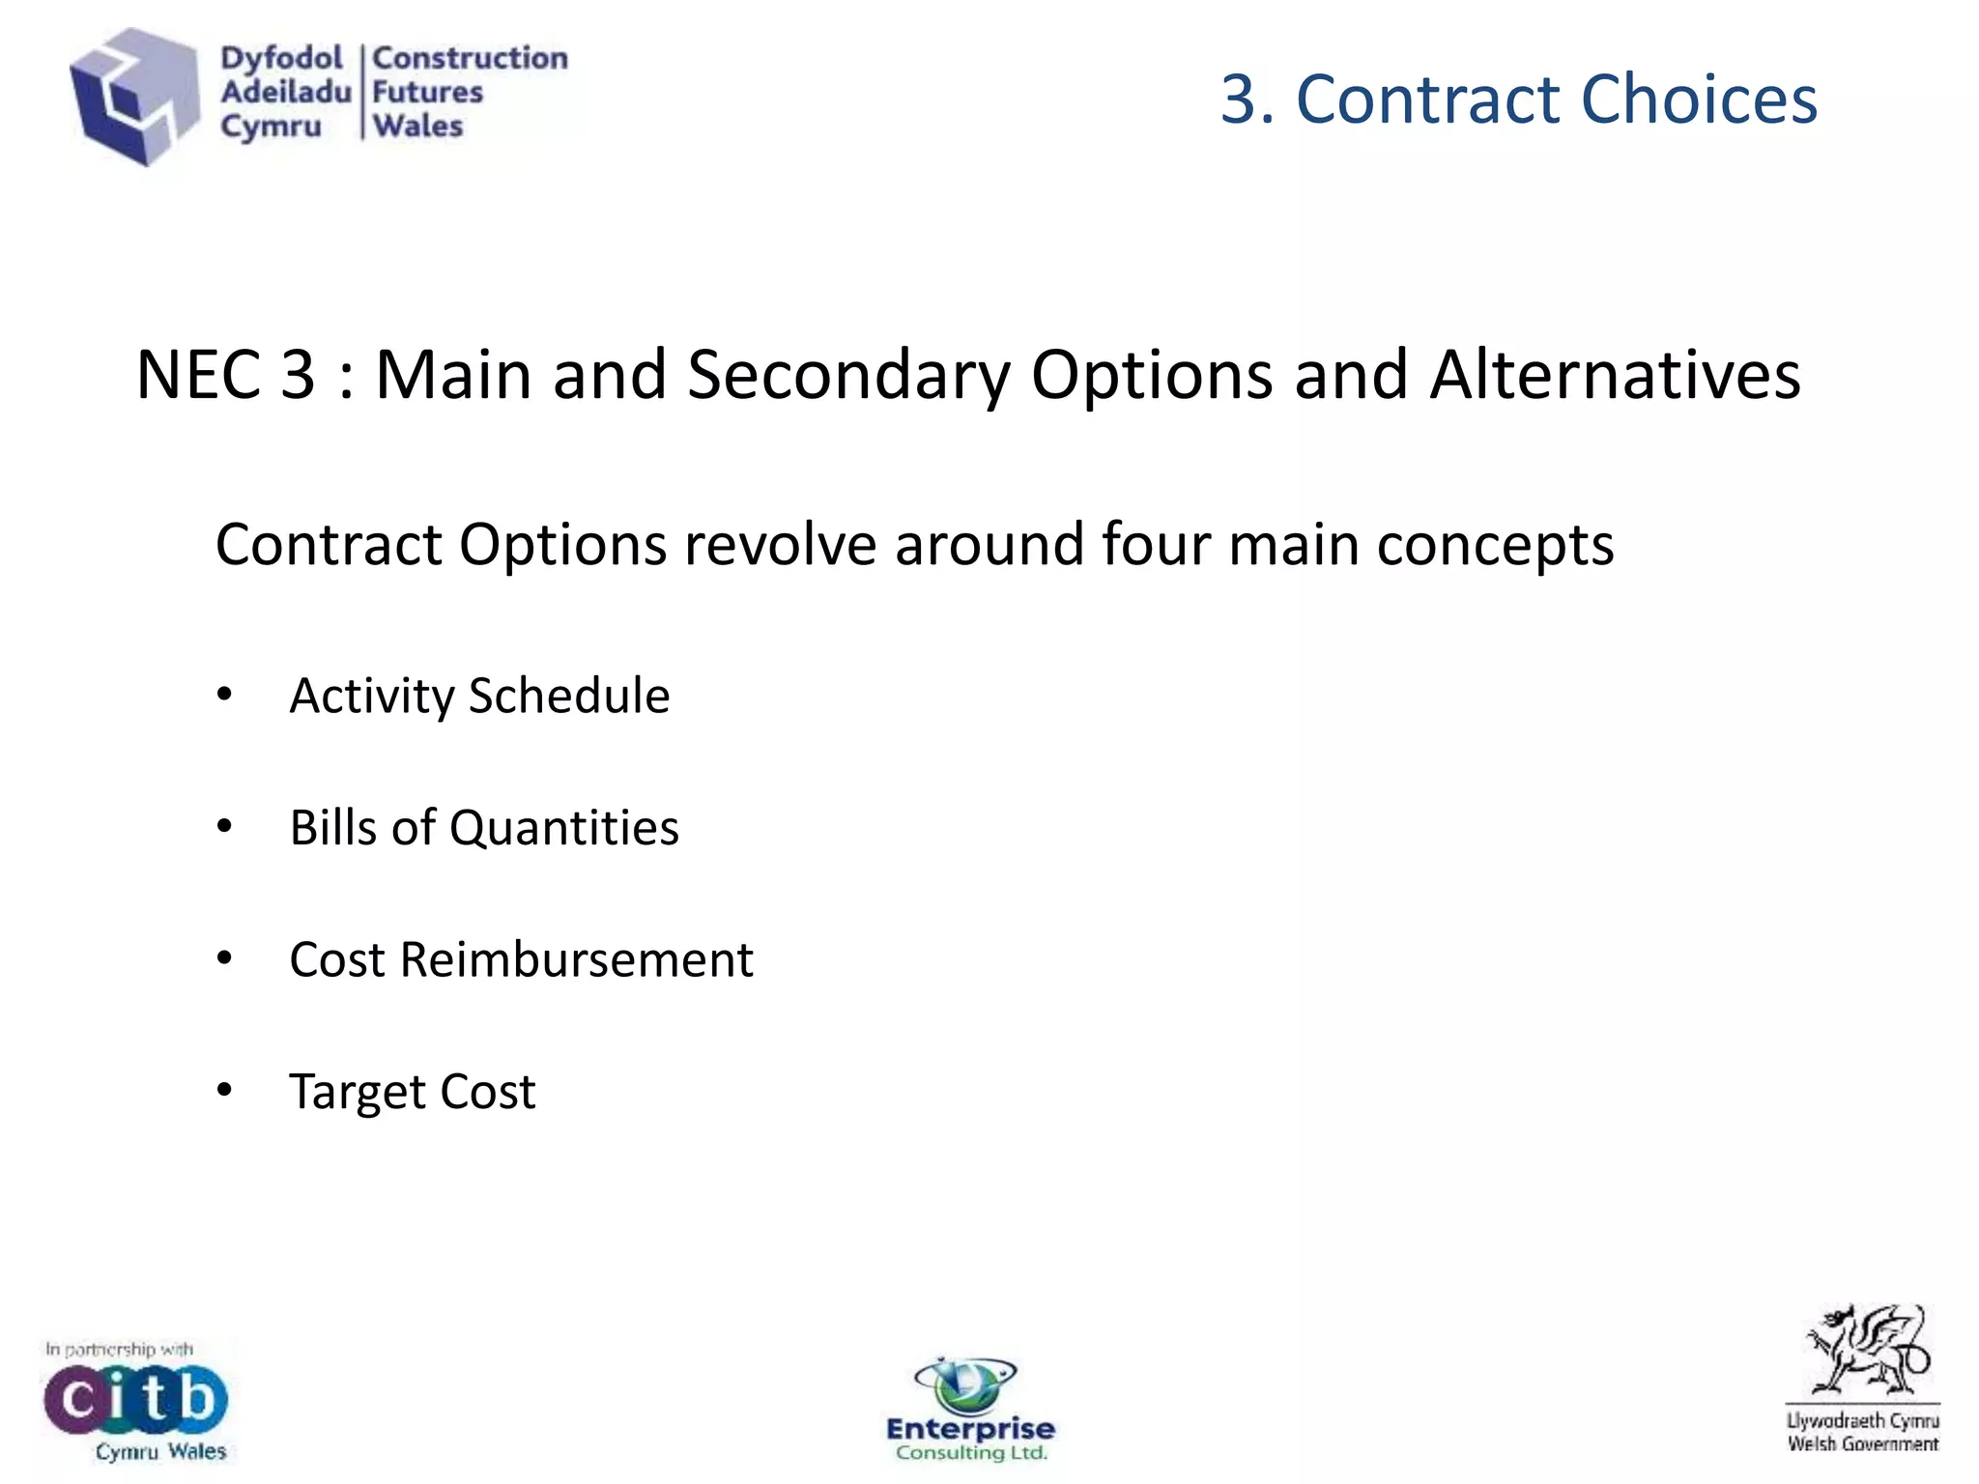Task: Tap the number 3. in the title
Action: [x=1248, y=100]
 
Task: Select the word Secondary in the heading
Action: [x=847, y=375]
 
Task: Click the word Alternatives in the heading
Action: [x=1615, y=375]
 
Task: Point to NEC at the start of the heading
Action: [x=198, y=375]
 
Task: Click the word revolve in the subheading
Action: [x=780, y=544]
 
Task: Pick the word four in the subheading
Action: [x=1155, y=544]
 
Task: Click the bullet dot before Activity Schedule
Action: [x=225, y=695]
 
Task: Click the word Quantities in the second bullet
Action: [x=563, y=828]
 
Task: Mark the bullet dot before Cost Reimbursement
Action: [x=225, y=958]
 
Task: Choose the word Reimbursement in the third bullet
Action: [x=576, y=959]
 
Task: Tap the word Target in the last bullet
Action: [x=357, y=1092]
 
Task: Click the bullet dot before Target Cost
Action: [x=225, y=1091]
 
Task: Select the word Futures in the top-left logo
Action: [x=427, y=93]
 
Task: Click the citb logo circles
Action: [x=135, y=1399]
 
